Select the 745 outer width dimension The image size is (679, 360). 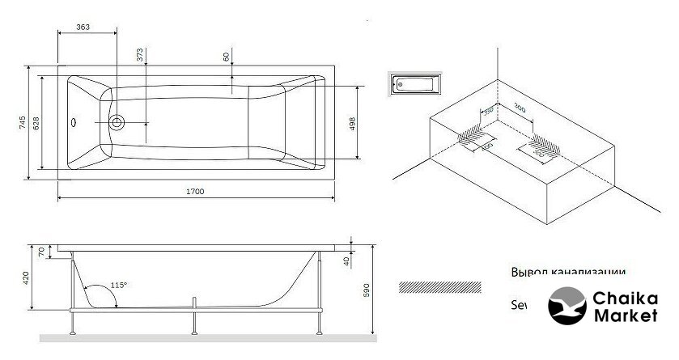click(x=23, y=124)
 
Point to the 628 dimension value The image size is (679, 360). click(x=36, y=124)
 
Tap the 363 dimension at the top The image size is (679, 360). click(x=82, y=27)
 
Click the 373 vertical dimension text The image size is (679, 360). click(x=139, y=55)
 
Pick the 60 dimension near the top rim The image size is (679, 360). click(x=226, y=57)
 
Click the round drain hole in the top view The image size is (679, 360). click(x=118, y=123)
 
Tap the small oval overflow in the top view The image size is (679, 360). click(x=75, y=123)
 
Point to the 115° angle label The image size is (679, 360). click(x=120, y=285)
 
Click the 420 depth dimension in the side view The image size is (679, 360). click(x=26, y=279)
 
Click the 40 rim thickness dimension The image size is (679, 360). click(x=346, y=260)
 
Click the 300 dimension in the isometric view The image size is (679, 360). click(x=520, y=108)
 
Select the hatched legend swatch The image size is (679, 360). click(x=441, y=286)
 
